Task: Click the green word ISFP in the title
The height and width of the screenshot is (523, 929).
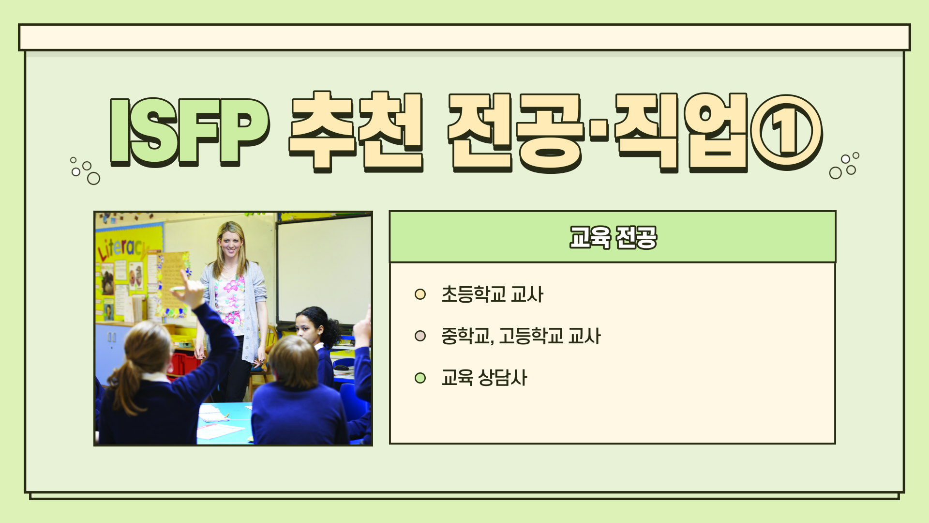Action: (x=189, y=131)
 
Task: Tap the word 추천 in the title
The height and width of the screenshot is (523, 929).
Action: (x=356, y=131)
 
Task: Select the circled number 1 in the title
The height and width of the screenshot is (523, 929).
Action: (x=786, y=132)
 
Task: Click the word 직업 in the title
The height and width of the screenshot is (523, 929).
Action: (x=681, y=132)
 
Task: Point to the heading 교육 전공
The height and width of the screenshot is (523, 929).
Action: (x=613, y=237)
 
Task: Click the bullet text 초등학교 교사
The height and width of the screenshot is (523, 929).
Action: (x=493, y=294)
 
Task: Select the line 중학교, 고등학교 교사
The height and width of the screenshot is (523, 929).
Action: (x=521, y=336)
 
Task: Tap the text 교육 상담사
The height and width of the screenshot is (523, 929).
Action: (x=484, y=378)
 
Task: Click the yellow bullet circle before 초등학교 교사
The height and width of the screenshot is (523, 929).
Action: (x=420, y=294)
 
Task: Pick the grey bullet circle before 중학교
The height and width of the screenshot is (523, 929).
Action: (x=420, y=336)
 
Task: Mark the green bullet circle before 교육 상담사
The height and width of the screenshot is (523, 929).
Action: (x=420, y=378)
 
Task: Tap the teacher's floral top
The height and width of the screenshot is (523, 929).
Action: (x=230, y=300)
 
